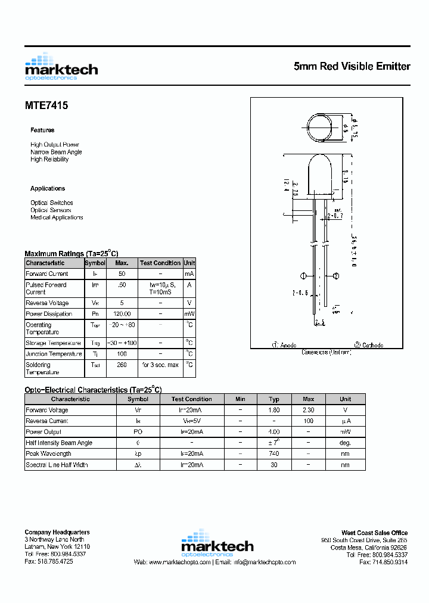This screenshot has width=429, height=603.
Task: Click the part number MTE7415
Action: pyautogui.click(x=46, y=105)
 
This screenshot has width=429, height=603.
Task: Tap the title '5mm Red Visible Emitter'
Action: pyautogui.click(x=352, y=66)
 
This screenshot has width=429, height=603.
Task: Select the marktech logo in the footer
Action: pyautogui.click(x=217, y=543)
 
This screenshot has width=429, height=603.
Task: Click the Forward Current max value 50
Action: pyautogui.click(x=122, y=274)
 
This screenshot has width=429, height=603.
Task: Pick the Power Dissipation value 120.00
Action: pyautogui.click(x=122, y=314)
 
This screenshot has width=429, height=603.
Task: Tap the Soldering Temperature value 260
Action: pyautogui.click(x=122, y=365)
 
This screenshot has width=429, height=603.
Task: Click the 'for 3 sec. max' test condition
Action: pyautogui.click(x=160, y=365)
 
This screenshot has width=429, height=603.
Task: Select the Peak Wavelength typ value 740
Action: pyautogui.click(x=274, y=454)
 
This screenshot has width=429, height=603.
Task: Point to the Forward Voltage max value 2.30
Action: pyautogui.click(x=308, y=411)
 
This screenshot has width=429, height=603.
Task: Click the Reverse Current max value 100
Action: pyautogui.click(x=308, y=421)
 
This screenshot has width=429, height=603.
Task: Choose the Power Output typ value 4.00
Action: pyautogui.click(x=274, y=432)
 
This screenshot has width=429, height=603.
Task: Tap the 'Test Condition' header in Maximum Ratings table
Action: pyautogui.click(x=160, y=263)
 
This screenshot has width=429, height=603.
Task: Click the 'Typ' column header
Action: pyautogui.click(x=274, y=399)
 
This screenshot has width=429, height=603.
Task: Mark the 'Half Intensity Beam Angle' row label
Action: pyautogui.click(x=60, y=443)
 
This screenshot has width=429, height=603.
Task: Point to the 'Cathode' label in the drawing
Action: pyautogui.click(x=369, y=345)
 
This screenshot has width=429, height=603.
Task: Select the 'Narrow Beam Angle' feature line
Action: pyautogui.click(x=56, y=152)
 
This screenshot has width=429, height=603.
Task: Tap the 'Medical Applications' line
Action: pyautogui.click(x=57, y=217)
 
